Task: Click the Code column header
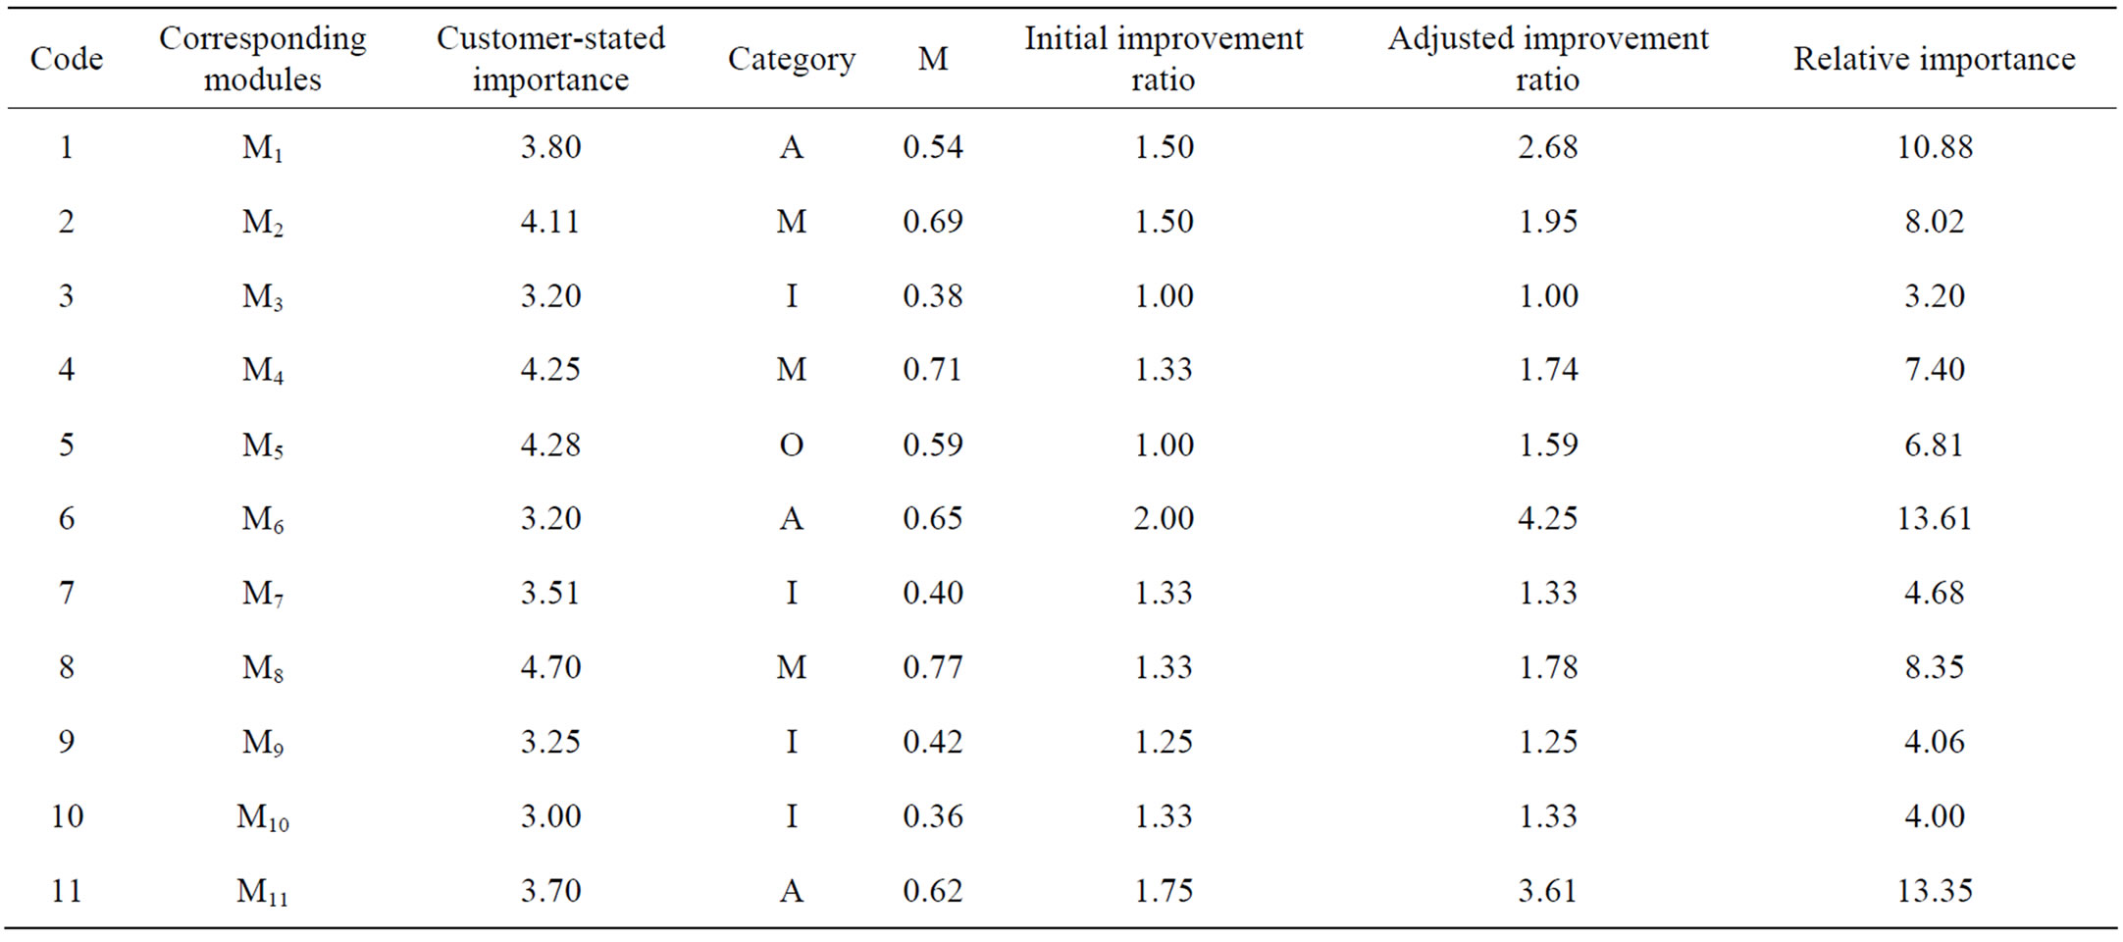tap(67, 59)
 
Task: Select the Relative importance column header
tap(1935, 59)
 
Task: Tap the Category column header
tap(792, 60)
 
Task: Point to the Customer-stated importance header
tap(550, 59)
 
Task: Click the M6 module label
tap(263, 519)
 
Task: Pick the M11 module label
tap(263, 891)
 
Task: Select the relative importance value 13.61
tap(1935, 518)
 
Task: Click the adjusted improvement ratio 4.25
tap(1548, 518)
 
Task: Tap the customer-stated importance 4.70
tap(550, 667)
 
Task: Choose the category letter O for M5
tap(792, 445)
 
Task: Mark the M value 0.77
tap(933, 667)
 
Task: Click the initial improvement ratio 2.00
tap(1164, 518)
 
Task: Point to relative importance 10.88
tap(1935, 147)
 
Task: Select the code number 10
tap(67, 816)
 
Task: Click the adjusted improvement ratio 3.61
tap(1548, 891)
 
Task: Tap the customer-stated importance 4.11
tap(550, 222)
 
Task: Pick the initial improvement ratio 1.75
tap(1164, 891)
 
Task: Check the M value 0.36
tap(933, 816)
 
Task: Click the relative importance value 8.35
tap(1935, 667)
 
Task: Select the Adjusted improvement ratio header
tap(1548, 59)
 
